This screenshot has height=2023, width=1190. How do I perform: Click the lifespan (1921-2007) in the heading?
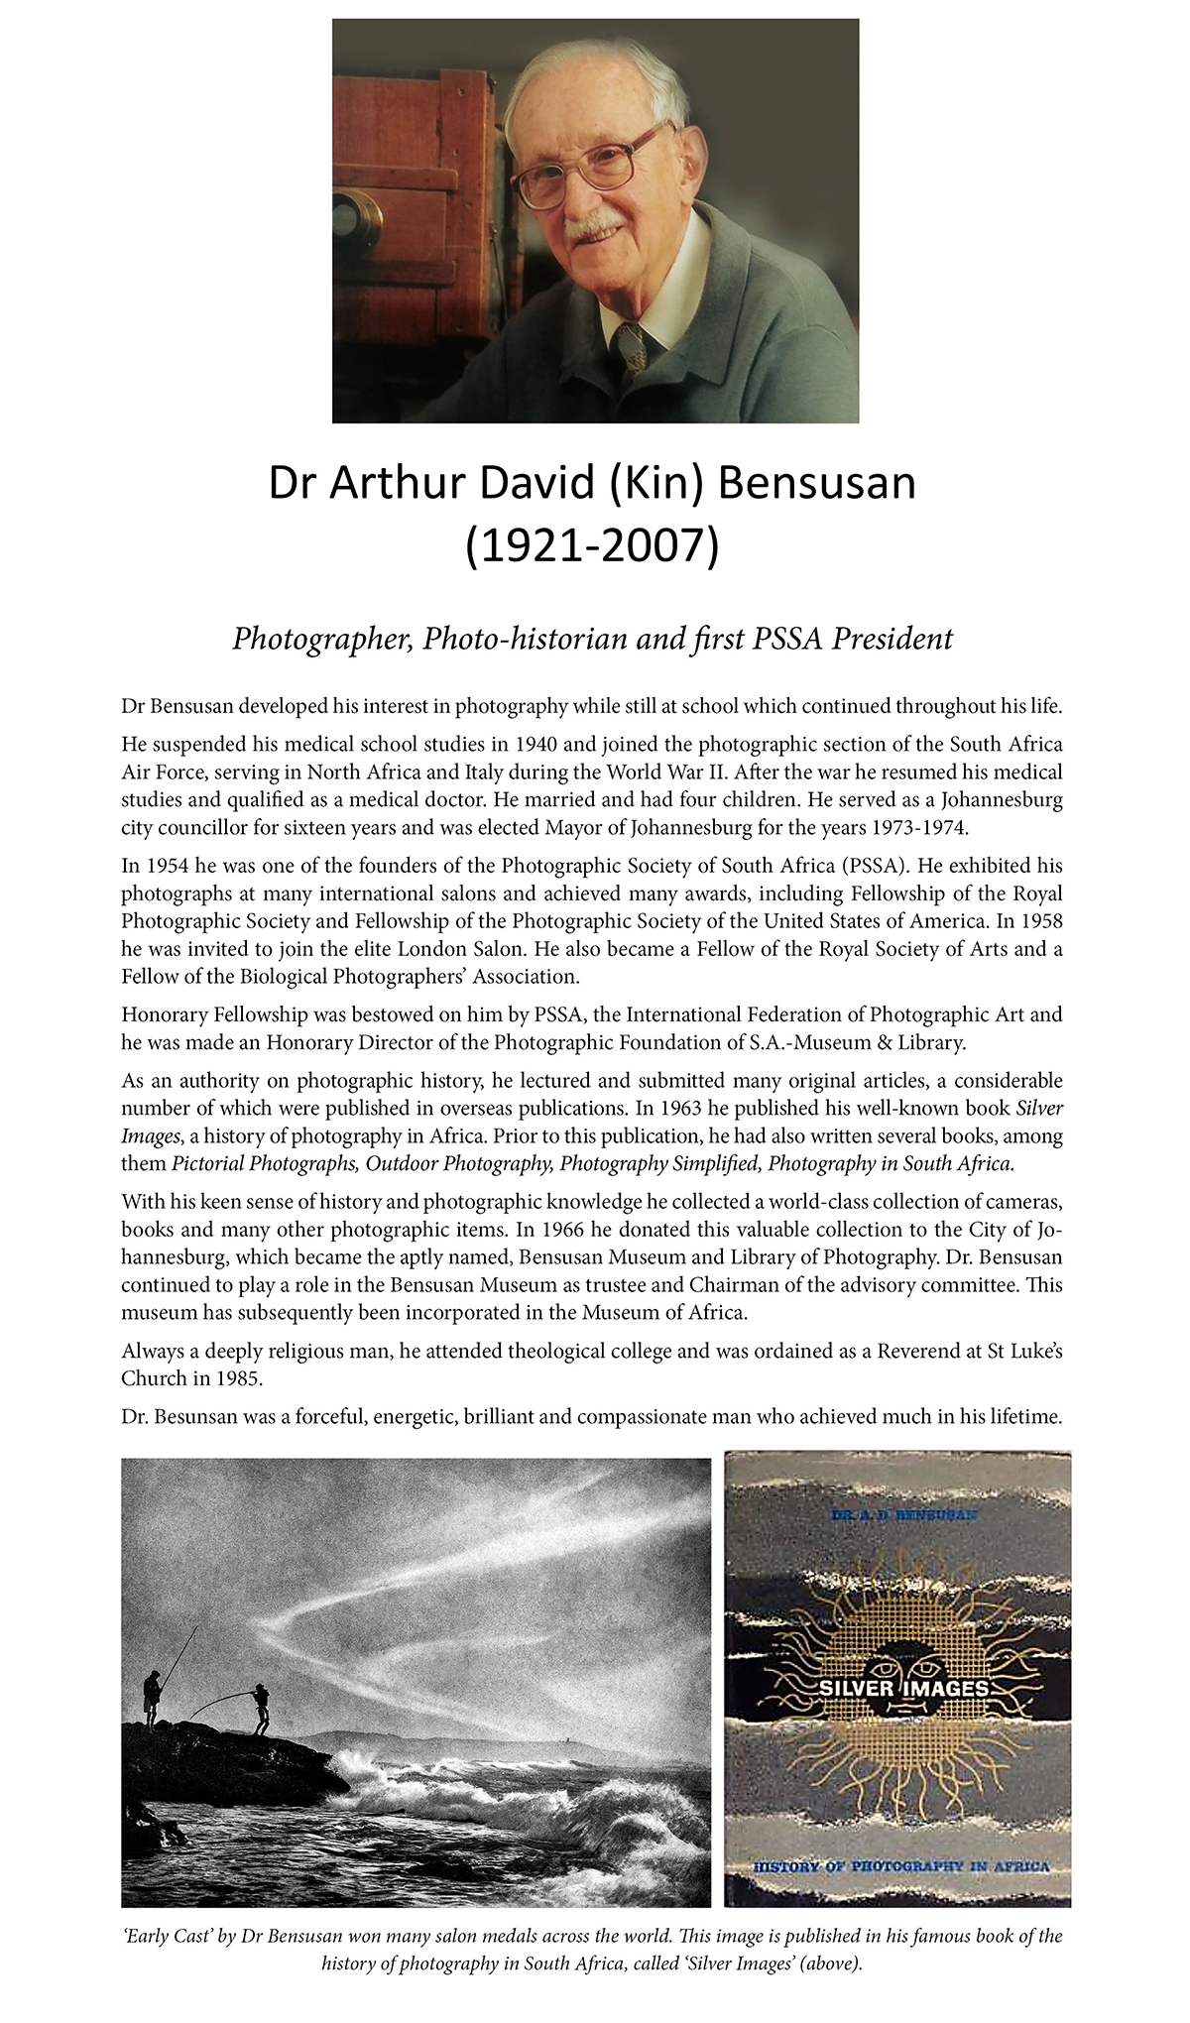click(x=592, y=546)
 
